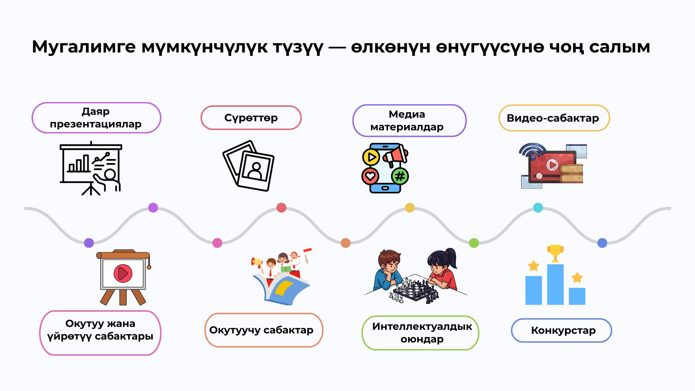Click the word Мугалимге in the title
pos(84,47)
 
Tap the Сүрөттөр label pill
pos(251,118)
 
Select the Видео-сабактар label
pos(554,118)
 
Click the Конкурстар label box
pos(561,330)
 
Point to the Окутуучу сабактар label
pos(264,330)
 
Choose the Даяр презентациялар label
pos(96,118)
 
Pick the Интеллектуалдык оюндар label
pos(420,333)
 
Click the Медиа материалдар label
pos(409,121)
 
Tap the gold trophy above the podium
pos(555,253)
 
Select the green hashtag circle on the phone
pos(400,176)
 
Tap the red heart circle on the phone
pos(370,176)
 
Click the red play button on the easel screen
pos(123,273)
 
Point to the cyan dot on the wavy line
pos(538,208)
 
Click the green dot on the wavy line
pos(474,243)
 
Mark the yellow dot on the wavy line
pos(410,208)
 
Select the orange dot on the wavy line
pos(346,243)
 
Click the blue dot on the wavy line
pos(602,243)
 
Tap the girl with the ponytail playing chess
pos(442,270)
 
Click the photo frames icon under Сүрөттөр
pos(249,166)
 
